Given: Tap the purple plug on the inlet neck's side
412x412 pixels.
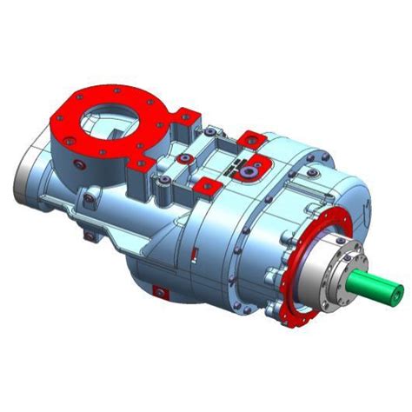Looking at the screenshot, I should coord(80,164).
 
